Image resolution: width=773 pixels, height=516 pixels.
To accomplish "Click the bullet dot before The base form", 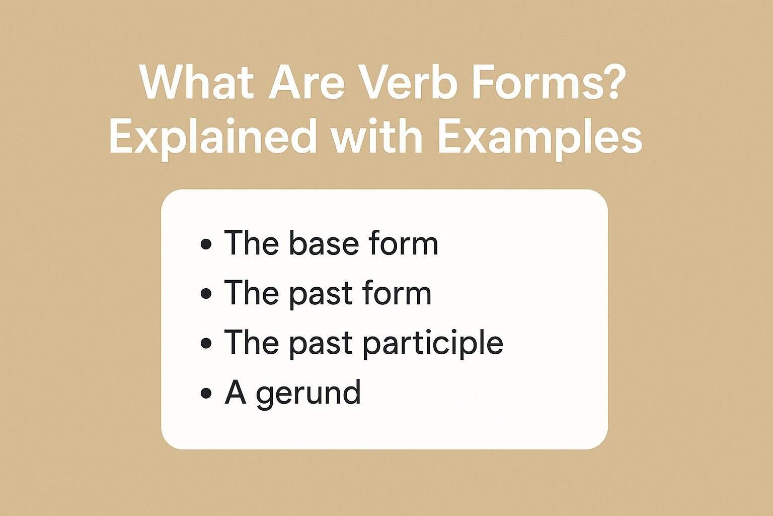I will [206, 244].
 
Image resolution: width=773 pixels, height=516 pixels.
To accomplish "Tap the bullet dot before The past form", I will [206, 294].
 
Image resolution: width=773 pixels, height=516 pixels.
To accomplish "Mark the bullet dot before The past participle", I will [206, 344].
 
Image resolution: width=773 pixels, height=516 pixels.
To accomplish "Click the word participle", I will [433, 344].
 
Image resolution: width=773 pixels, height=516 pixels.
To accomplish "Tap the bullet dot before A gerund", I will [206, 393].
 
